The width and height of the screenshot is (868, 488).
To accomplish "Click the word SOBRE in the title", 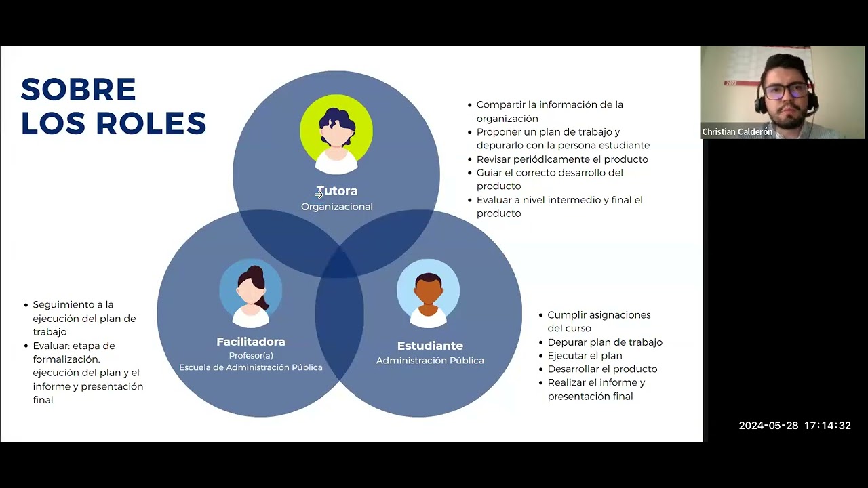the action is click(x=78, y=89).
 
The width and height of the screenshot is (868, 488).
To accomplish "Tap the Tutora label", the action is click(x=337, y=191).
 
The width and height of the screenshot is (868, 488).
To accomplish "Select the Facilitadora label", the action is click(x=251, y=342).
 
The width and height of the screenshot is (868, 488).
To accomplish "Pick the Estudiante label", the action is click(x=430, y=346).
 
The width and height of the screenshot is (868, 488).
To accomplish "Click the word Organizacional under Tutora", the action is click(x=337, y=207).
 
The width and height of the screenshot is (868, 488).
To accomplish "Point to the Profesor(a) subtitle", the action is click(x=251, y=356).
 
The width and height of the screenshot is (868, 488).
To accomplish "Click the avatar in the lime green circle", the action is click(x=336, y=134).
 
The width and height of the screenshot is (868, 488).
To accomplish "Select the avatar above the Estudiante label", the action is click(x=428, y=293).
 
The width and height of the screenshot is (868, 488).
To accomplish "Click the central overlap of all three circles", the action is click(x=340, y=264).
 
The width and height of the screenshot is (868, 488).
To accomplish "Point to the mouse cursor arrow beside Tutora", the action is click(x=319, y=195).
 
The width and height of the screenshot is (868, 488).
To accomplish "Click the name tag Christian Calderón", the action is click(x=737, y=131).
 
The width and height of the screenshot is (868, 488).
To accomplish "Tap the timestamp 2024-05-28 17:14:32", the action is click(x=795, y=425).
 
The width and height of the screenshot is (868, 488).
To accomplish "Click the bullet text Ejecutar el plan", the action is click(x=585, y=356).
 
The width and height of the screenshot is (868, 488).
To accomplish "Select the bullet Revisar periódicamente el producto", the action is click(x=562, y=159).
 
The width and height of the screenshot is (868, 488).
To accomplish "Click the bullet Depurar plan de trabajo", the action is click(x=605, y=342).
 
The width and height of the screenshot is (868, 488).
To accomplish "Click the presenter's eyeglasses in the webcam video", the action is click(x=787, y=91).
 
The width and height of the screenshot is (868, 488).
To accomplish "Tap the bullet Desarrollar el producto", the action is click(x=603, y=369).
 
